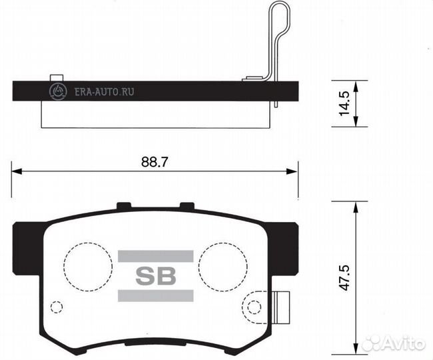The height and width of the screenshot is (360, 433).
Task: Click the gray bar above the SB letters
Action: point(156,256)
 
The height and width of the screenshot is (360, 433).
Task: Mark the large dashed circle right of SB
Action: point(222,265)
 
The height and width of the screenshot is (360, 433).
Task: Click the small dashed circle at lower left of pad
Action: point(57,307)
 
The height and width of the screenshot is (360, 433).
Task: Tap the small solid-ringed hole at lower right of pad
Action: point(254,307)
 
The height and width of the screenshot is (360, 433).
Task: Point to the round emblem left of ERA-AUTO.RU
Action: point(57,91)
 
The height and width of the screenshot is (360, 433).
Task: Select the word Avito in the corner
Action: point(405,343)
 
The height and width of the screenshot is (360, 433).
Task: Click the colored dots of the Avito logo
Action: point(372,343)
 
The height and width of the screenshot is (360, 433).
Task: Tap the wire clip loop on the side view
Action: point(280,27)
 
